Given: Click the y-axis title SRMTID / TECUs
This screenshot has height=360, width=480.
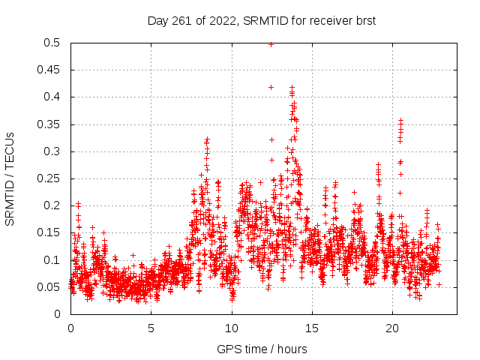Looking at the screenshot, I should point(10,178).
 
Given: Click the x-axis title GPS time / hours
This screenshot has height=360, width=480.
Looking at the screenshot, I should point(262,349).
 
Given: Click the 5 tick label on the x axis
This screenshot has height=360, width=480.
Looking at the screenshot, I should point(151,328).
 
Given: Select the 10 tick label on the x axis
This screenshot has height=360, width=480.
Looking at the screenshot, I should point(232,328).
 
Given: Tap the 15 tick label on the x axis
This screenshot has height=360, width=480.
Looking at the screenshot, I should point(312,328).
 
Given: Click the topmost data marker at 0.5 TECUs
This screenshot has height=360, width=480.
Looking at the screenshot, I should point(271,44).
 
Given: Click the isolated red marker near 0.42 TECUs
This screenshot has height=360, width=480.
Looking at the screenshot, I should point(271,87).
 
